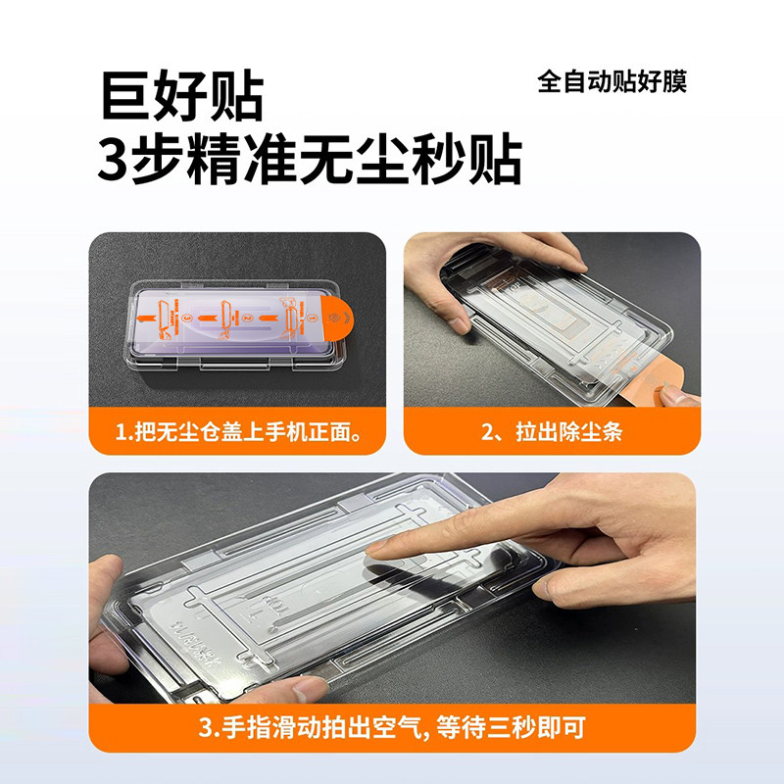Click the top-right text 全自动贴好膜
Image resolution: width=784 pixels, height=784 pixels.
pyautogui.click(x=612, y=80)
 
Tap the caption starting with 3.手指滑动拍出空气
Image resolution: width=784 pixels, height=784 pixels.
pyautogui.click(x=391, y=728)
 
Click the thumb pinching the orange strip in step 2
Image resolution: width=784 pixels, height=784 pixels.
pyautogui.click(x=676, y=397)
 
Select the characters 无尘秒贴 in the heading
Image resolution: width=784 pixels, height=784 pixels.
pyautogui.click(x=422, y=160)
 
